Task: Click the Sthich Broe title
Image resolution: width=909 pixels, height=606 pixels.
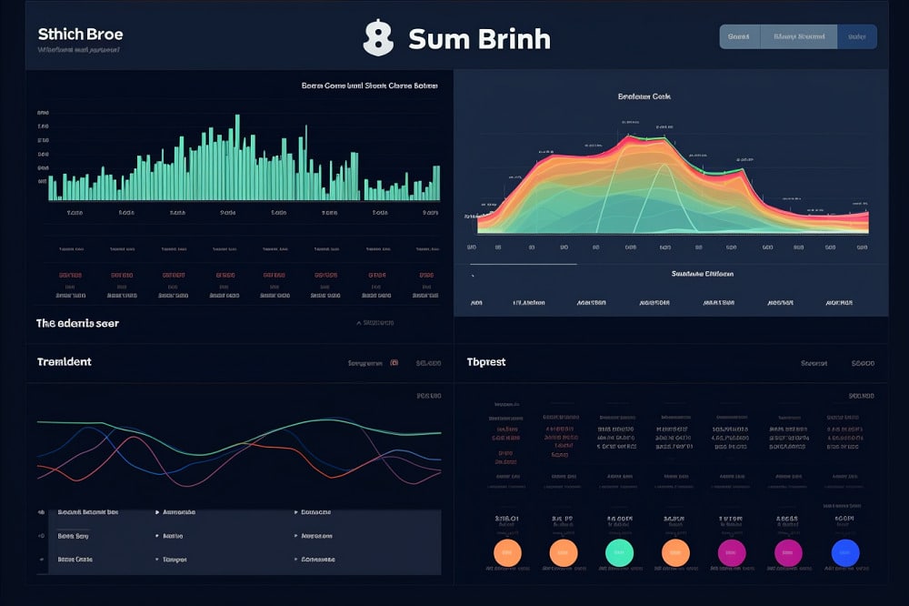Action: pyautogui.click(x=80, y=35)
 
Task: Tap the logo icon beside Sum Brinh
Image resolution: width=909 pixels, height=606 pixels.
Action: pyautogui.click(x=377, y=38)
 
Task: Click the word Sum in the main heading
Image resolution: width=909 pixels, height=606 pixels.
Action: pyautogui.click(x=432, y=39)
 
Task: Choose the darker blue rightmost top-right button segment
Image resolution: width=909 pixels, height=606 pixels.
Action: pyautogui.click(x=856, y=36)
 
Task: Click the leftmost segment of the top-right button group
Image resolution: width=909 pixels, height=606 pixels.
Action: pyautogui.click(x=739, y=36)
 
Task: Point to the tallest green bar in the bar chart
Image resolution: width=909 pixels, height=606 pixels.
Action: pyautogui.click(x=237, y=157)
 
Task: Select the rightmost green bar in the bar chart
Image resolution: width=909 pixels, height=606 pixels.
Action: pyautogui.click(x=437, y=182)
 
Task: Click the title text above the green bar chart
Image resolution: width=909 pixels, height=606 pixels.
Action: pyautogui.click(x=369, y=86)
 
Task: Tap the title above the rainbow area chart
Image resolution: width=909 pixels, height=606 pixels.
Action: pyautogui.click(x=644, y=96)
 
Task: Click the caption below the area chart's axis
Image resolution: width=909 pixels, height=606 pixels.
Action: pyautogui.click(x=702, y=273)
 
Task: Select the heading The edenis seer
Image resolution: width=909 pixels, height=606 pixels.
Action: pyautogui.click(x=77, y=323)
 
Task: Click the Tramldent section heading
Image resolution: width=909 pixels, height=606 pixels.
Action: pyautogui.click(x=64, y=362)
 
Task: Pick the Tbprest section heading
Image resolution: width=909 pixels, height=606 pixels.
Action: pyautogui.click(x=486, y=362)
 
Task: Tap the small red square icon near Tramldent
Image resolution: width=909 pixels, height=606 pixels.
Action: pyautogui.click(x=394, y=362)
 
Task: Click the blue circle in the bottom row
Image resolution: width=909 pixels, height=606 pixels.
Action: pyautogui.click(x=845, y=551)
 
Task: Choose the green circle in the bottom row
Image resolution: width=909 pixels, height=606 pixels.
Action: pyautogui.click(x=619, y=551)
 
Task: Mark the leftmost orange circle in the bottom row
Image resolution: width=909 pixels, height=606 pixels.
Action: pyautogui.click(x=506, y=551)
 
